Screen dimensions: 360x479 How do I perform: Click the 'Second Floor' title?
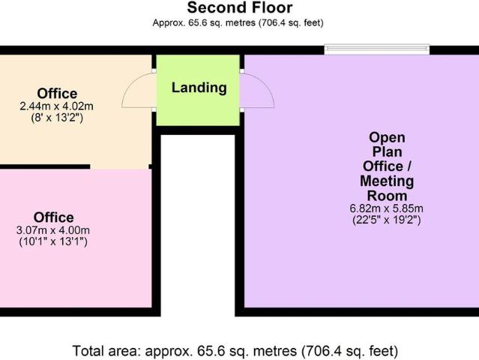click(x=240, y=8)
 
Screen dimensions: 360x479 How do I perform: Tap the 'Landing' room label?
click(x=199, y=88)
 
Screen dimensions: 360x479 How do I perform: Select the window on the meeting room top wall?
click(x=377, y=49)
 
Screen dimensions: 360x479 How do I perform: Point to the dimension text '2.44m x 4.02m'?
click(x=58, y=106)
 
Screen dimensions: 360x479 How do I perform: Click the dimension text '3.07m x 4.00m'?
click(x=55, y=230)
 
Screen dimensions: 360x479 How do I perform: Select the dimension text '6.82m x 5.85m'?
click(x=387, y=208)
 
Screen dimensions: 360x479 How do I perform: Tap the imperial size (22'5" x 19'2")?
click(x=387, y=220)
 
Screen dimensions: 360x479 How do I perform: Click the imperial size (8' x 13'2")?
click(x=58, y=118)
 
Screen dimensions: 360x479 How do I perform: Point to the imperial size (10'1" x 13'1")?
click(x=55, y=241)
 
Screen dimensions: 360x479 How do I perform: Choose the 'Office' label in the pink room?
click(x=54, y=217)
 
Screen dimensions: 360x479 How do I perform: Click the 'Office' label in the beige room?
click(x=58, y=93)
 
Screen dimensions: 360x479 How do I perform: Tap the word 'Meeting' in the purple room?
click(x=387, y=181)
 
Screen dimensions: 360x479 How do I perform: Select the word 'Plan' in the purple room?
click(x=387, y=151)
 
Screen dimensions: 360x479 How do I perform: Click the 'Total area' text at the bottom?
click(x=235, y=350)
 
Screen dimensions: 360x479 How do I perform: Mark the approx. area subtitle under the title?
click(x=238, y=23)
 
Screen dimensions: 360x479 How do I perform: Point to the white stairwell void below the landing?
click(x=198, y=225)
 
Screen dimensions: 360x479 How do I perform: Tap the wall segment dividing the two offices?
click(x=45, y=166)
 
